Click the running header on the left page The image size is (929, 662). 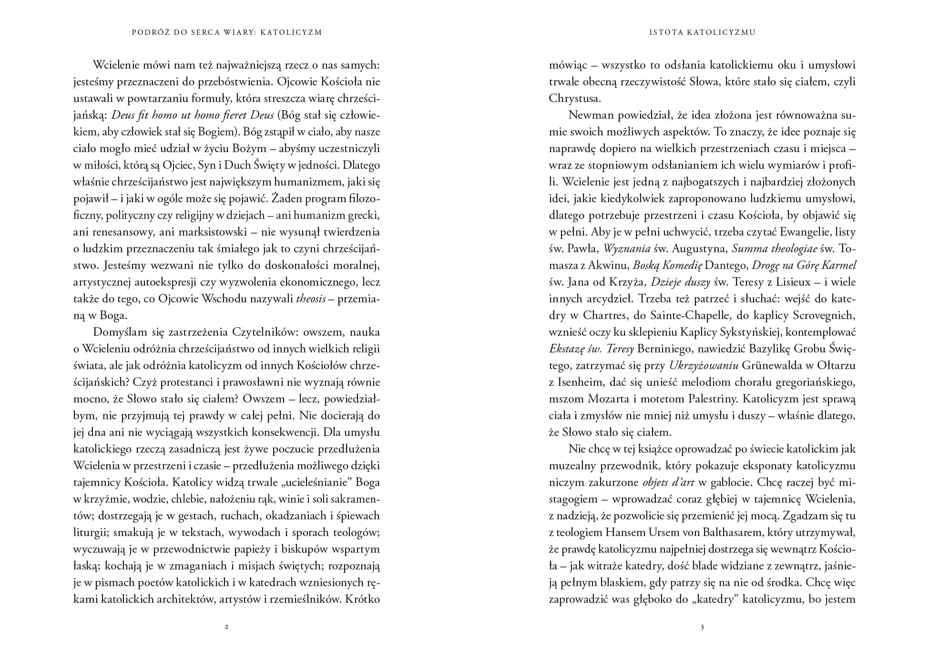click(226, 32)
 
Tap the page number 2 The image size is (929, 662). click(226, 627)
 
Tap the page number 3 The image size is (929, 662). click(702, 627)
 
